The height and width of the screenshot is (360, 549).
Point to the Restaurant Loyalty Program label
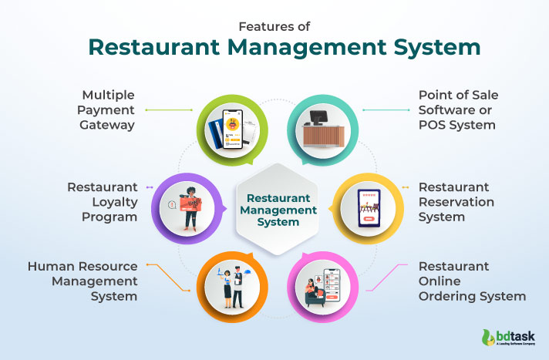pos(102,202)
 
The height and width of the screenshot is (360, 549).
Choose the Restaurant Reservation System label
pos(456,202)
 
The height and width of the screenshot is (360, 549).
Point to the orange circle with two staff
pos(232,283)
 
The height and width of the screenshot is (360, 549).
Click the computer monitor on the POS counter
pos(317,117)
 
